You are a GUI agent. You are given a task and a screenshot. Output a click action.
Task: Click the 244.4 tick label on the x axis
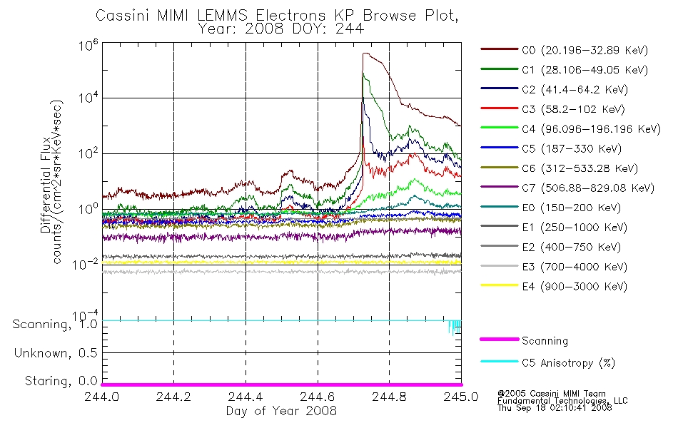point(246,397)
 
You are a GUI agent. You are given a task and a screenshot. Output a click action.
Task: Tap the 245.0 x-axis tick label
point(461,397)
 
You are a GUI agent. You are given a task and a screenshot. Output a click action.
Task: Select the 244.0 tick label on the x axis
point(102,397)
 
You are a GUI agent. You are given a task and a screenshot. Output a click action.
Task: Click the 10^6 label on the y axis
point(88,45)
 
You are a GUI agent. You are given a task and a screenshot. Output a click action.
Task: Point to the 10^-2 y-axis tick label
point(85,263)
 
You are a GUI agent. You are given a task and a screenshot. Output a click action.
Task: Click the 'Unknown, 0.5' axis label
point(56,353)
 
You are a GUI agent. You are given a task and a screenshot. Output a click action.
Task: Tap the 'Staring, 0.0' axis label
point(61,381)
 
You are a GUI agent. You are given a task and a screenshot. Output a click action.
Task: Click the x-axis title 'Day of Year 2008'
point(281,411)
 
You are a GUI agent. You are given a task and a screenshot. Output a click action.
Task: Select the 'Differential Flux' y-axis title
point(46,185)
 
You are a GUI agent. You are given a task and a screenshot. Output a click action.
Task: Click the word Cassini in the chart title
point(122,16)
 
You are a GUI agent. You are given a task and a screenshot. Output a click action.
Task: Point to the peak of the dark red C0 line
point(365,53)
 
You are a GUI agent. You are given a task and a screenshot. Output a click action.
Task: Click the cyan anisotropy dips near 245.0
point(455,327)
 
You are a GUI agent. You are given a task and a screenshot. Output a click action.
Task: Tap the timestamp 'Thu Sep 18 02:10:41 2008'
point(555,408)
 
